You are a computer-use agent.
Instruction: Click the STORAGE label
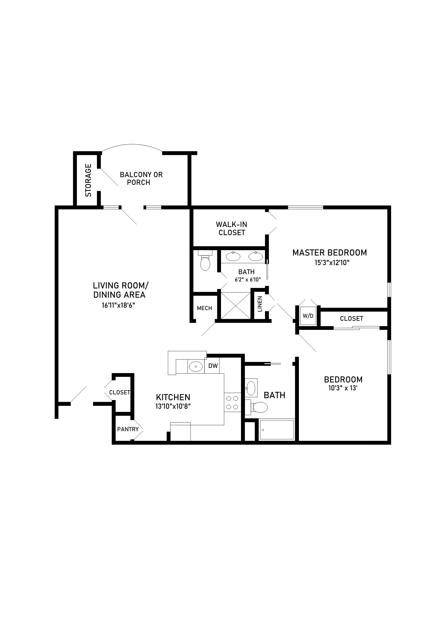88,180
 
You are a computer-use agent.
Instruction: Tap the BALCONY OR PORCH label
141,178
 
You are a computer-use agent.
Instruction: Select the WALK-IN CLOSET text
231,228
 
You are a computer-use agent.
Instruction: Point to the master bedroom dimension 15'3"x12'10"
332,262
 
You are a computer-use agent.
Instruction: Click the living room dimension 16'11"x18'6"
118,305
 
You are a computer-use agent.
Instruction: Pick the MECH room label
204,308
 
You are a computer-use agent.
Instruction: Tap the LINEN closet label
260,304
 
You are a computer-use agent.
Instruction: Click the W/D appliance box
308,316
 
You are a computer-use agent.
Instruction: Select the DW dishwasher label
213,366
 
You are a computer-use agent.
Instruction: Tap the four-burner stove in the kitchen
232,402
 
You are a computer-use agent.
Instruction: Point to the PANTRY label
128,429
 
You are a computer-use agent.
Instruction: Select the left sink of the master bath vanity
233,256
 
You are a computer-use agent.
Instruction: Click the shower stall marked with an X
235,306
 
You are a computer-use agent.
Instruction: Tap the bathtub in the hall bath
276,430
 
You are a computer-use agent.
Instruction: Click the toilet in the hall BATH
259,408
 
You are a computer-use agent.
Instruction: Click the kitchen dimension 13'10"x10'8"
173,406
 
